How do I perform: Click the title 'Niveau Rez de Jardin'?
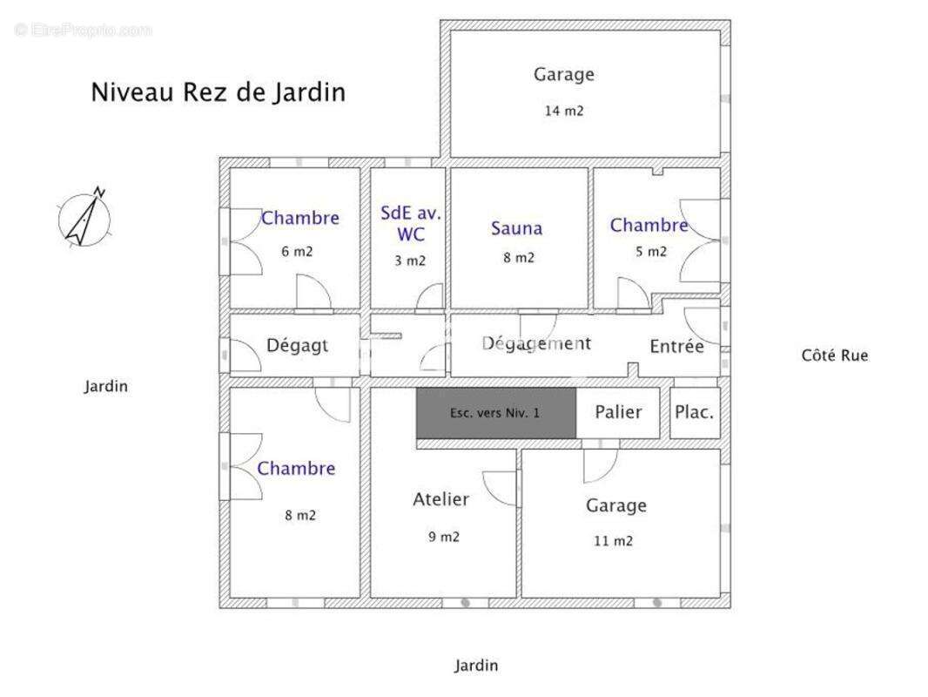pyautogui.click(x=218, y=92)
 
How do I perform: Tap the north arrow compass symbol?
pyautogui.click(x=85, y=217)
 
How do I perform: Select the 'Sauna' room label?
pyautogui.click(x=516, y=228)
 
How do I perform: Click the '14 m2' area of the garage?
pyautogui.click(x=563, y=112)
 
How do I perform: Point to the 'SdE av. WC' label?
pyautogui.click(x=410, y=223)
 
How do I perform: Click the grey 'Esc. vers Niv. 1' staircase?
pyautogui.click(x=495, y=413)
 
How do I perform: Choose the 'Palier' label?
pyautogui.click(x=618, y=412)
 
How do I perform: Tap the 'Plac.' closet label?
pyautogui.click(x=695, y=412)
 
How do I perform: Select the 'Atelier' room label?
pyautogui.click(x=440, y=499)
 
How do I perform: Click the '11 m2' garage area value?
pyautogui.click(x=613, y=541)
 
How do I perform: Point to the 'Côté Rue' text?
pyautogui.click(x=834, y=355)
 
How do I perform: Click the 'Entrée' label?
pyautogui.click(x=676, y=347)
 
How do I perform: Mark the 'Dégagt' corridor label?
pyautogui.click(x=297, y=345)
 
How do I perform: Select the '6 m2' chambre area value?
pyautogui.click(x=297, y=252)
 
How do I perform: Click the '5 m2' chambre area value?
pyautogui.click(x=650, y=252)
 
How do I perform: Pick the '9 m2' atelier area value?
pyautogui.click(x=443, y=537)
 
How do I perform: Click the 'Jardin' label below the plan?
pyautogui.click(x=476, y=666)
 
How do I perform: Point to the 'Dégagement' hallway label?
pyautogui.click(x=536, y=343)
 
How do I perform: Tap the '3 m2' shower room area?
pyautogui.click(x=409, y=261)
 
